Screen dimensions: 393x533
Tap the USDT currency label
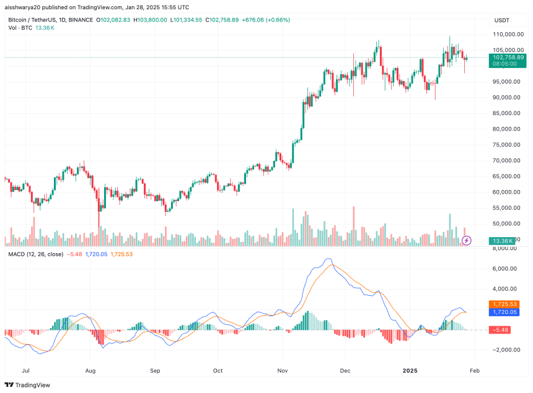501,20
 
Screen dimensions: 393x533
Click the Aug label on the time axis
90,371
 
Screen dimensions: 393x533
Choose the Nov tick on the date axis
283,371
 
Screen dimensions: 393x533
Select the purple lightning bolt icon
467,240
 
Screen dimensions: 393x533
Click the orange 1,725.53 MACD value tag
506,304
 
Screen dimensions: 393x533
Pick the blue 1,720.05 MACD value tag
506,312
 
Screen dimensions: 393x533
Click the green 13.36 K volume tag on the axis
501,241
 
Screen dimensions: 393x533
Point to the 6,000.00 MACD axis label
505,269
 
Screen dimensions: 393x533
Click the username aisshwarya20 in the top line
25,6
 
